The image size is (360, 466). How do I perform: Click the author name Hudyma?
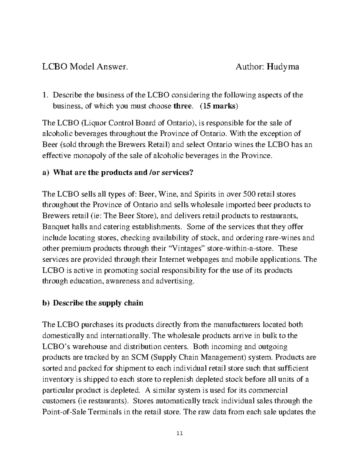click(283, 67)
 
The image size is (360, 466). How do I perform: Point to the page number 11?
click(180, 434)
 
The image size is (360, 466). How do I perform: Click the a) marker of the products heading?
click(45, 173)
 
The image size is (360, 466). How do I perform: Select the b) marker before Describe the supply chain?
click(45, 303)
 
